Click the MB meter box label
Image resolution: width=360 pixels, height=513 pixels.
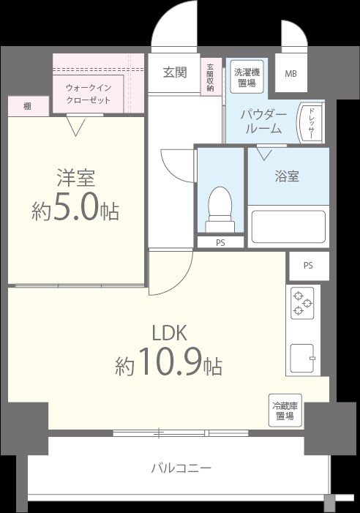click(x=291, y=74)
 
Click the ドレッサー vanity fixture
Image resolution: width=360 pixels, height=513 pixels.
click(x=309, y=121)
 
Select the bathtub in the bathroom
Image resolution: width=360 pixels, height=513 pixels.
click(x=288, y=226)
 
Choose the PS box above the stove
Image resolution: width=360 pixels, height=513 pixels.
click(x=308, y=266)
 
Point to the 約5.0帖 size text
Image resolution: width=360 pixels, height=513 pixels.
click(x=75, y=210)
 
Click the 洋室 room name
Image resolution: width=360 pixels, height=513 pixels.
click(x=76, y=177)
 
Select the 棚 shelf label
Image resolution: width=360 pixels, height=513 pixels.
click(x=27, y=107)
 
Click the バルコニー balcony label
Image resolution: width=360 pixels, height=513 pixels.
click(x=181, y=468)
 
